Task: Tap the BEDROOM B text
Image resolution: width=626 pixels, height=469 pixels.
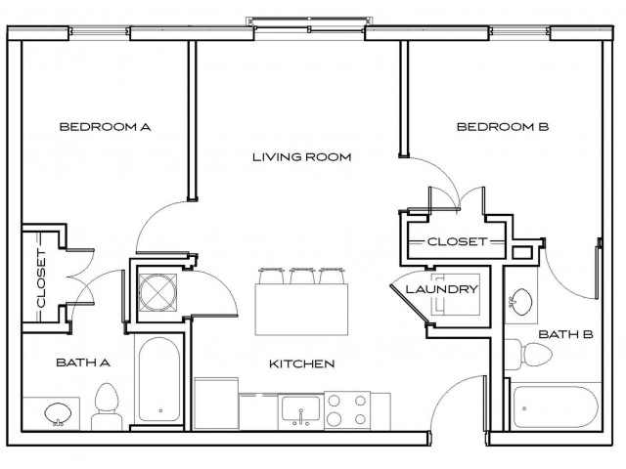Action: click(x=502, y=126)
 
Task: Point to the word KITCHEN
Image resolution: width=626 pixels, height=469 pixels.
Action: click(x=301, y=363)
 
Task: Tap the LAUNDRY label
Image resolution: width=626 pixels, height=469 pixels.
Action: click(x=440, y=289)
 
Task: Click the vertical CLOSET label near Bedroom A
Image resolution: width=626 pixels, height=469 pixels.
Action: click(x=41, y=278)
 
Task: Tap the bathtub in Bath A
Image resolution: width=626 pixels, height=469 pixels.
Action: click(x=159, y=382)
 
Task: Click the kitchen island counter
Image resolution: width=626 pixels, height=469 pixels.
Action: click(x=303, y=307)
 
